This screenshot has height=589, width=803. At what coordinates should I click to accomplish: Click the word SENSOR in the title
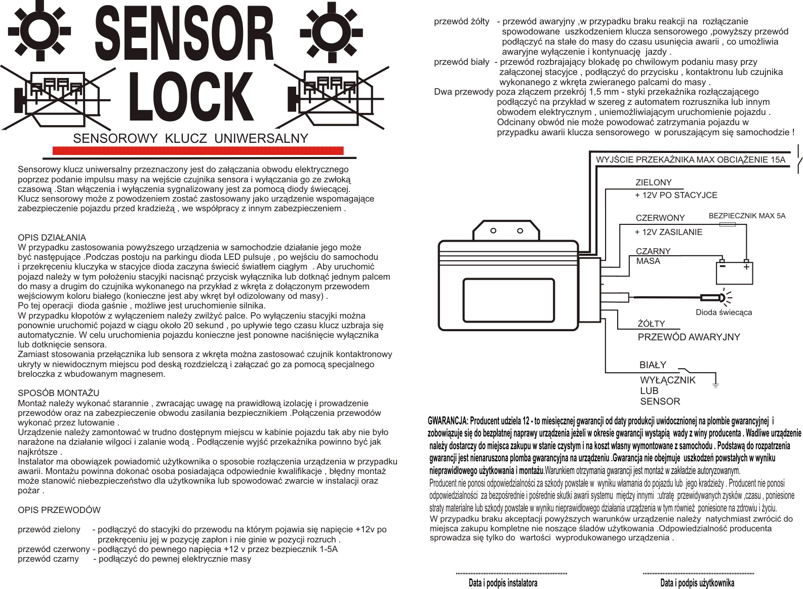(x=184, y=34)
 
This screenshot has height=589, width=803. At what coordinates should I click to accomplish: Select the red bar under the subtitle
(x=198, y=150)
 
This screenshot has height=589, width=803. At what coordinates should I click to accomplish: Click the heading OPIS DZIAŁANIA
(x=52, y=238)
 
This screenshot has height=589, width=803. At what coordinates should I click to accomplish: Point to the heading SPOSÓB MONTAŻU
(x=58, y=393)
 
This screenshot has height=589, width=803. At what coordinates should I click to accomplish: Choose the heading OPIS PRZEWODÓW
(x=59, y=510)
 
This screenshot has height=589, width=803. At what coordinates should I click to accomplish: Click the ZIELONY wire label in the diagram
(x=654, y=183)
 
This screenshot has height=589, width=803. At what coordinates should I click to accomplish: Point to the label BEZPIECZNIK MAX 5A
(x=747, y=216)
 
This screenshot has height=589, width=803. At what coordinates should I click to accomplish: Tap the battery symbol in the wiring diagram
(x=734, y=272)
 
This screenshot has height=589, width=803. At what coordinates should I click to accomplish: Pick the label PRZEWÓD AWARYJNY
(x=689, y=337)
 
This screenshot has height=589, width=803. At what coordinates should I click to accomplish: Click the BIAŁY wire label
(x=653, y=365)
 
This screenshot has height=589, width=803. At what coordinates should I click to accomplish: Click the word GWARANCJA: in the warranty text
(x=448, y=421)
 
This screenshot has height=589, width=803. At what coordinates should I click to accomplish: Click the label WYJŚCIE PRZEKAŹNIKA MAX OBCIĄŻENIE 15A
(x=691, y=160)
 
